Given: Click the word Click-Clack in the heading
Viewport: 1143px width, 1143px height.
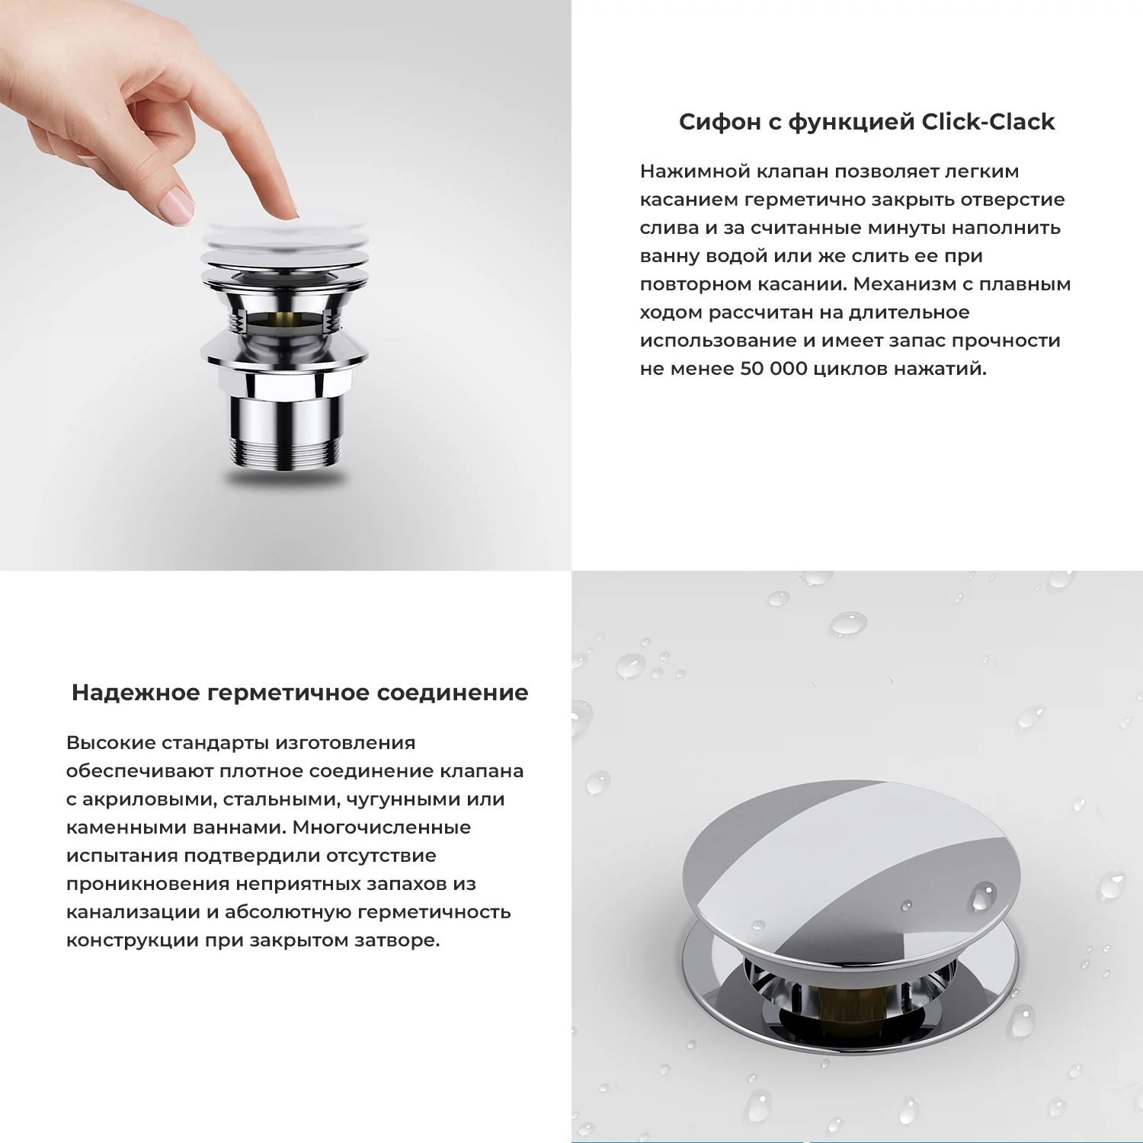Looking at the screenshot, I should [x=988, y=122].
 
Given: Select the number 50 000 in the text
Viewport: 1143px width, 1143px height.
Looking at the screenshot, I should [x=773, y=369].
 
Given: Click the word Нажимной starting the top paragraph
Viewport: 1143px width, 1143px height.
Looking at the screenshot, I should [x=695, y=171].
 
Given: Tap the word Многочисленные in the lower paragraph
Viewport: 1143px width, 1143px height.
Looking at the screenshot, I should [x=381, y=828].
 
